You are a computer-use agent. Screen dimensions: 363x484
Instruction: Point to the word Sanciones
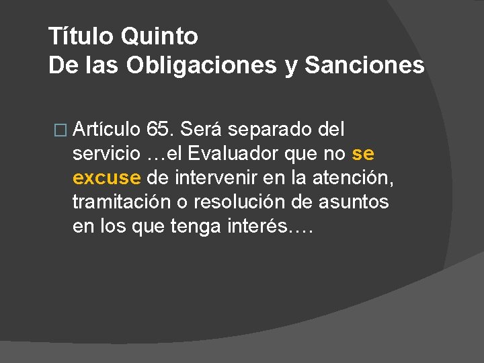(364, 65)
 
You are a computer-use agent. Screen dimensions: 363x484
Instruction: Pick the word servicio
(108, 153)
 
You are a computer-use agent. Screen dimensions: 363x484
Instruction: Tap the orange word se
(363, 153)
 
